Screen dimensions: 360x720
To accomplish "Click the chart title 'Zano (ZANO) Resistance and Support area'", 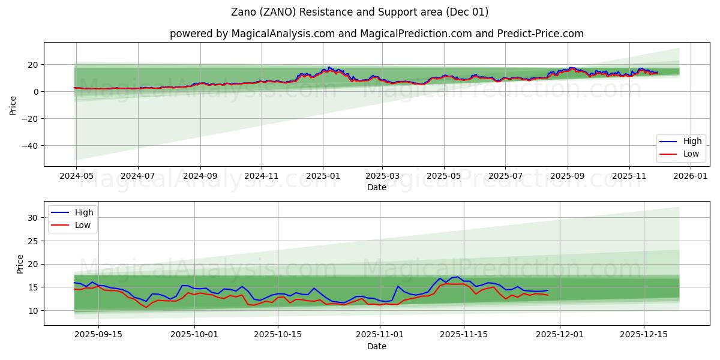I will (x=360, y=12).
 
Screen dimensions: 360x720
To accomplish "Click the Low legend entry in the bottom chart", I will (x=83, y=225).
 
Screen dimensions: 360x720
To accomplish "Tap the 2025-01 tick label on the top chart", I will (x=323, y=176).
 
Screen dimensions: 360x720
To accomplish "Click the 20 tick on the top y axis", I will (x=33, y=65).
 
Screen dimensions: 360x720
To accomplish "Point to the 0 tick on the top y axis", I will (x=36, y=92).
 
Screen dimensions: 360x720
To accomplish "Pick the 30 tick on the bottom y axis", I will (x=33, y=218).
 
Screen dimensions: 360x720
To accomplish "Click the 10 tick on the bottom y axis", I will (x=33, y=311).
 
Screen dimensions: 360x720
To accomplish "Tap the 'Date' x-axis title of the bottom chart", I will (x=376, y=347).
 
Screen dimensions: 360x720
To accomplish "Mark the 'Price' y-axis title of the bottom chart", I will (x=20, y=264).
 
